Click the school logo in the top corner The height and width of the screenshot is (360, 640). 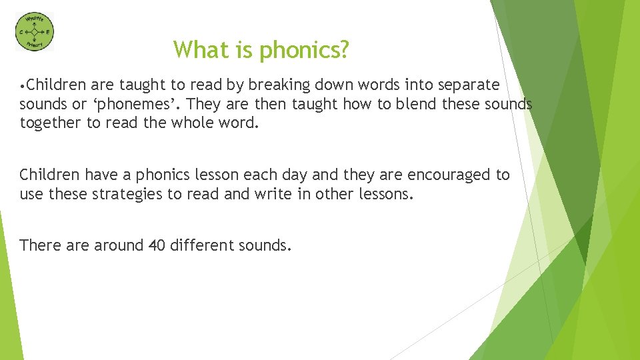pos(35,31)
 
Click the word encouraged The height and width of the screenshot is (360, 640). pos(449,175)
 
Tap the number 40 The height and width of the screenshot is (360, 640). pos(157,245)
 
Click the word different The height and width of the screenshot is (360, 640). pos(203,245)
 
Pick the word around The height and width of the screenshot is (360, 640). pos(118,245)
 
